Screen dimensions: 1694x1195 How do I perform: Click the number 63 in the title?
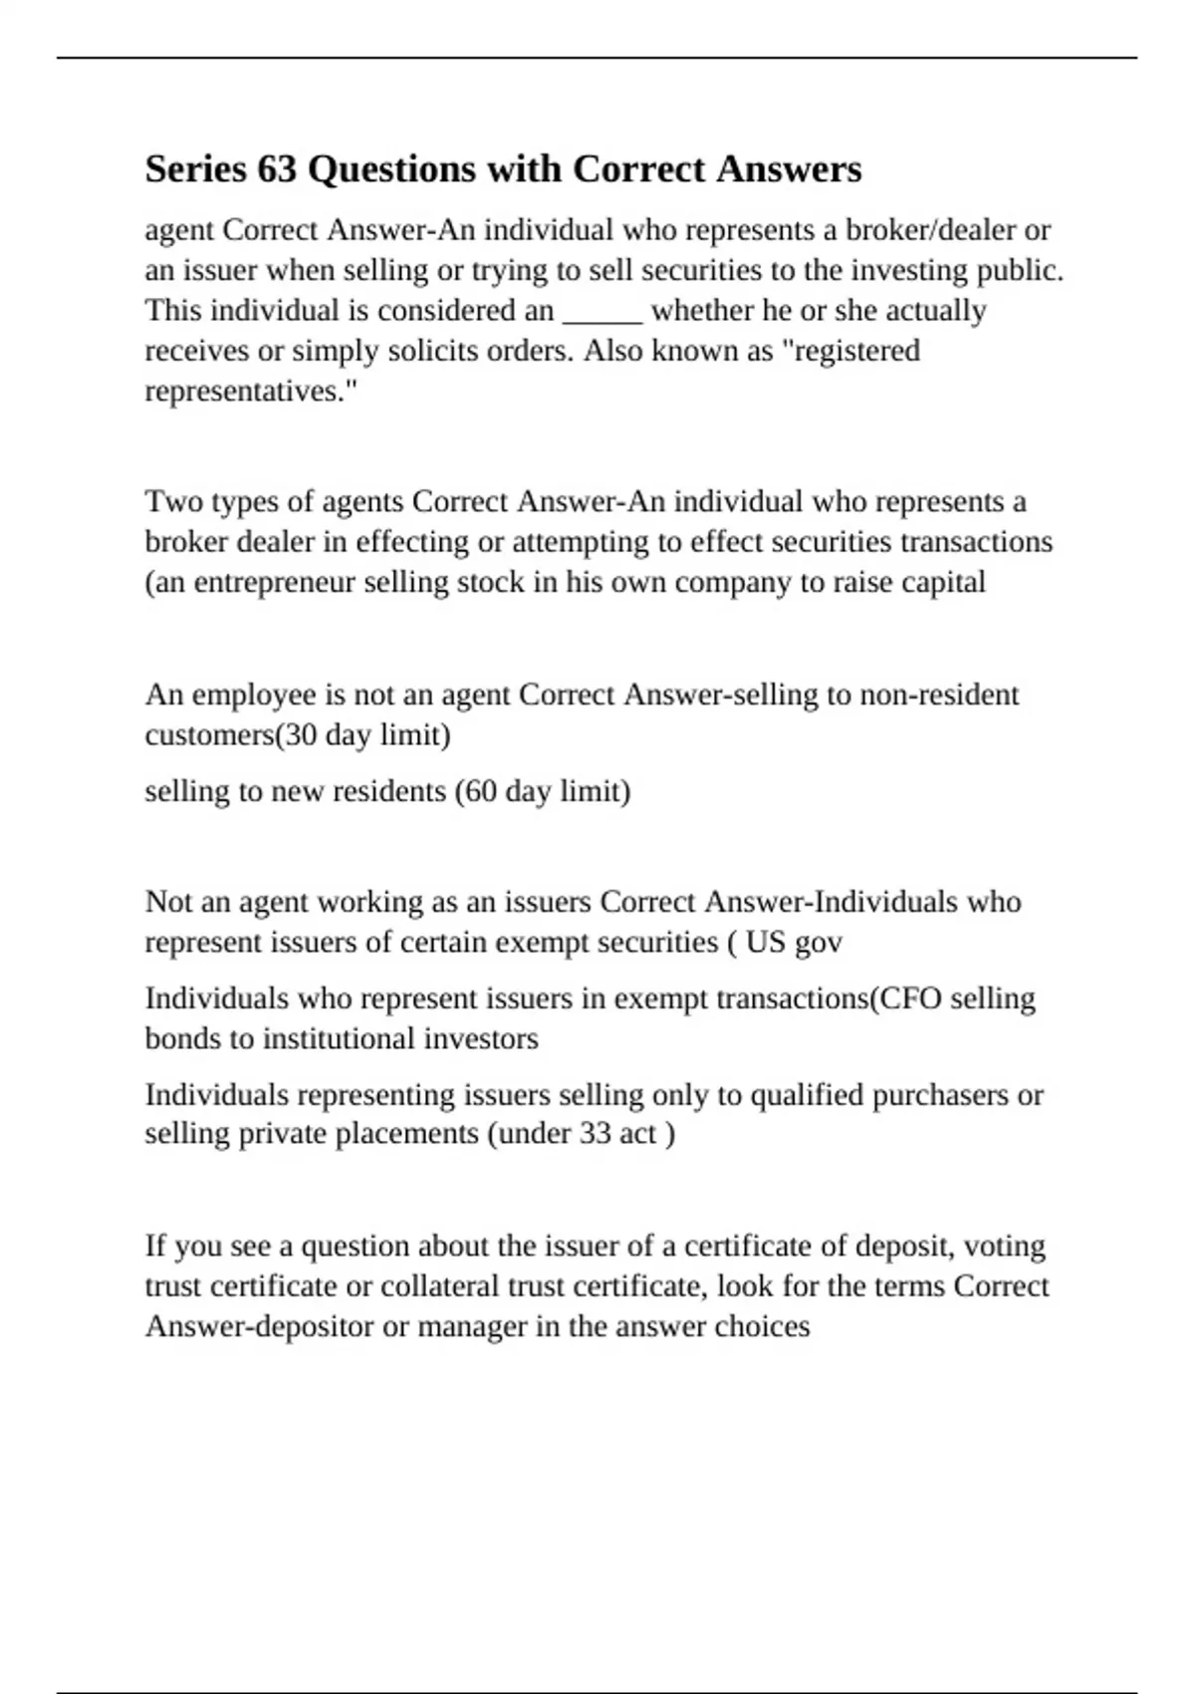tap(278, 169)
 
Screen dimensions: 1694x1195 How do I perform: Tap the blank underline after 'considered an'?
tap(602, 312)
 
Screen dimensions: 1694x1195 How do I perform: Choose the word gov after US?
tap(818, 942)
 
